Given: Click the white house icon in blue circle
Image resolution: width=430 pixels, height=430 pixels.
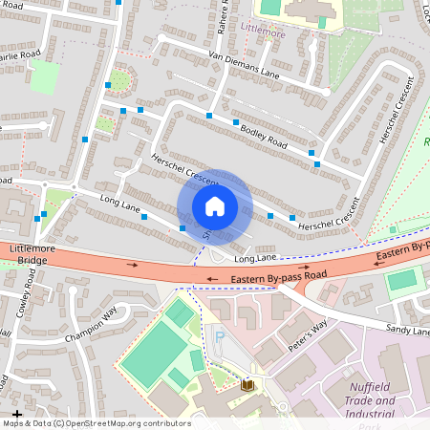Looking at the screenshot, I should tap(215, 205).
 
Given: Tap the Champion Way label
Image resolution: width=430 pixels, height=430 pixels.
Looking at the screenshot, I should tap(91, 325).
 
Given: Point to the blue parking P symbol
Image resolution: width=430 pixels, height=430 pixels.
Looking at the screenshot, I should tap(220, 337).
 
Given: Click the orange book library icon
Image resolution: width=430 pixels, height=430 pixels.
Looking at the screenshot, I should tap(248, 384).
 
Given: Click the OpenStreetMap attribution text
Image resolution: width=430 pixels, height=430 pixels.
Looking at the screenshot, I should tap(97, 422).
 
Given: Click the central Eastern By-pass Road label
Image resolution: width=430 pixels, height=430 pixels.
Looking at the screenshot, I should tap(279, 278).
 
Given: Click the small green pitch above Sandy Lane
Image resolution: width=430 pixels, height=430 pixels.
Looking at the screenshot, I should tap(403, 281).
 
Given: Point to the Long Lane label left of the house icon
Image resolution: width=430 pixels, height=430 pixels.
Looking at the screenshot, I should tap(119, 204).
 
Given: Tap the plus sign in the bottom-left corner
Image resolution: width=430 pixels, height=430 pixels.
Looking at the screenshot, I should tap(16, 413).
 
